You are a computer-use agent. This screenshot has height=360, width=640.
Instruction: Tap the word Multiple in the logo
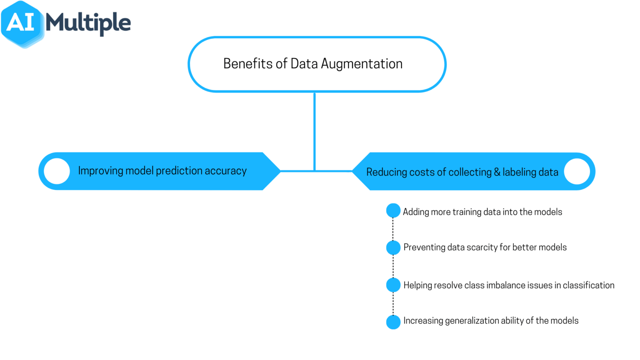[88, 22]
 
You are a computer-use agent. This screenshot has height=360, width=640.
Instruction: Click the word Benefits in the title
[248, 64]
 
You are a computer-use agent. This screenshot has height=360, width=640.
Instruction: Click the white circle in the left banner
[57, 171]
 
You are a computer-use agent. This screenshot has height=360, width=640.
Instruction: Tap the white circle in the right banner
[577, 171]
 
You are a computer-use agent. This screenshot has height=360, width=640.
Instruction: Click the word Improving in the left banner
[100, 171]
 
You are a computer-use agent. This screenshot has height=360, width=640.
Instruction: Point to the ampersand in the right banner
[497, 172]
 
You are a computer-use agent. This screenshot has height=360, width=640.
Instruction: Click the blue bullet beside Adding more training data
[393, 211]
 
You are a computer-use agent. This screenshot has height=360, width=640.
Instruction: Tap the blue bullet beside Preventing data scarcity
[393, 247]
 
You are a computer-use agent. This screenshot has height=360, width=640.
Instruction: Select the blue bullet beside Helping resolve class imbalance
[393, 285]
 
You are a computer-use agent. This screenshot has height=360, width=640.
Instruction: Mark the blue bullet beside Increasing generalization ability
[393, 322]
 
